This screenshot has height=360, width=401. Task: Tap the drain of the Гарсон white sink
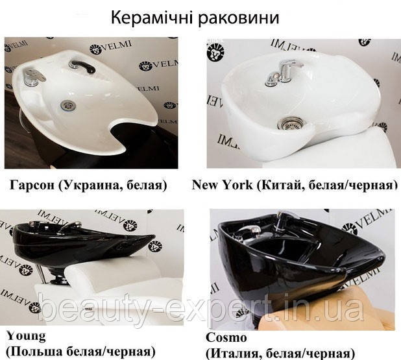coord(67,105)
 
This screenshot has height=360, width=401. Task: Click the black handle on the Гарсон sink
coord(82,66)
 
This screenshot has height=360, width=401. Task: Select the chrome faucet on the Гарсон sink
coord(33,76)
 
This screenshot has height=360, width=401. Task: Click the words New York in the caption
coord(222,185)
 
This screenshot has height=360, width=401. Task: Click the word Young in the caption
coord(26,337)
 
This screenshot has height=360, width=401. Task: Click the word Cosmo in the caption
coord(226,337)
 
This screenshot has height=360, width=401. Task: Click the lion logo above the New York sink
coord(215,53)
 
